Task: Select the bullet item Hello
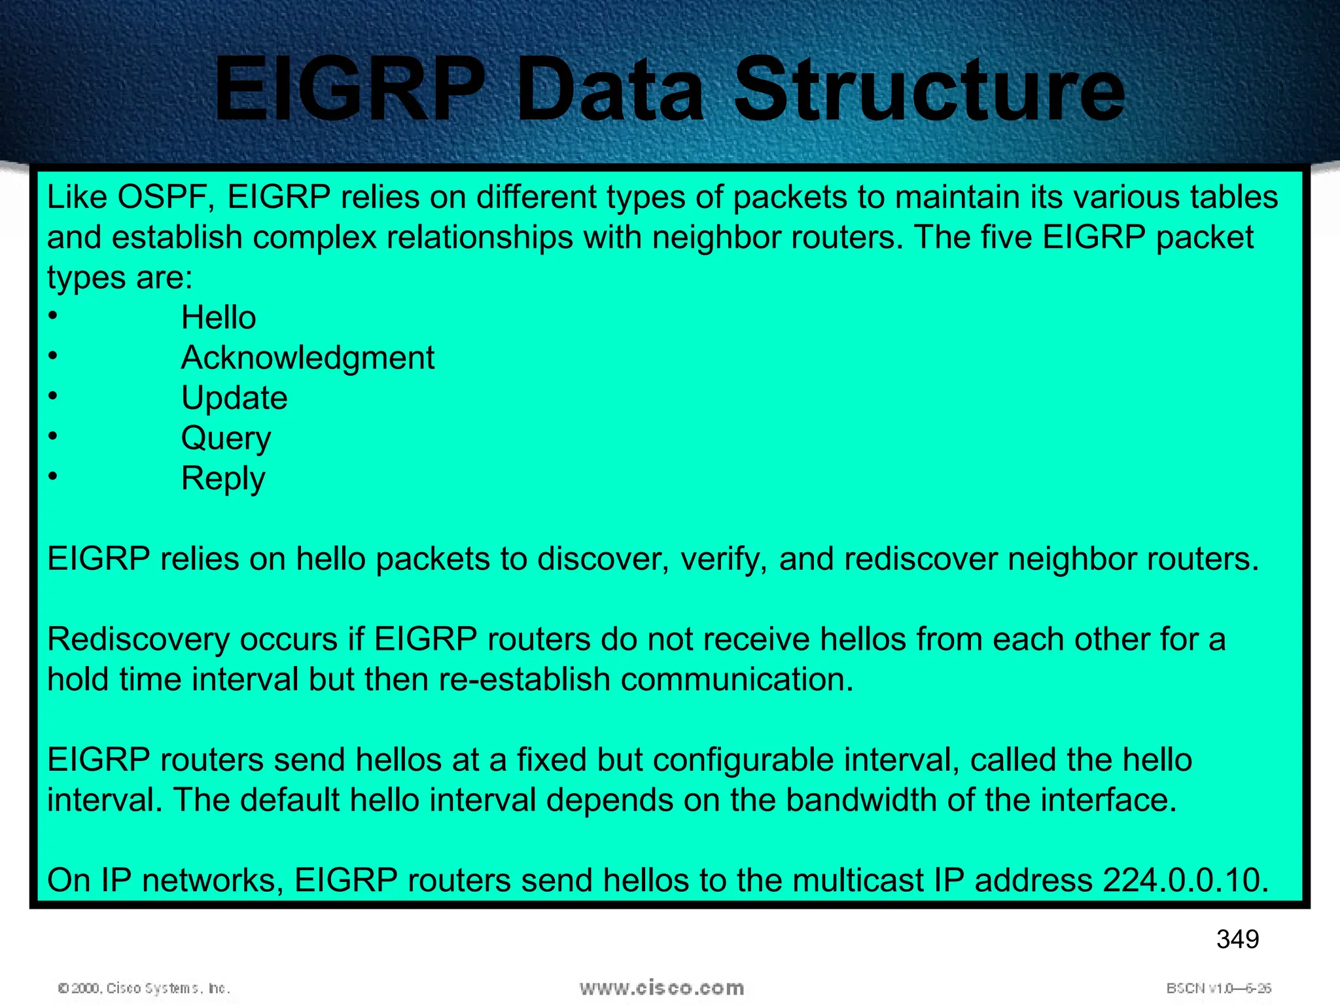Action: pyautogui.click(x=219, y=318)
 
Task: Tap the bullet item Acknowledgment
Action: pyautogui.click(x=308, y=358)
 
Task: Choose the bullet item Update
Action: pyautogui.click(x=234, y=398)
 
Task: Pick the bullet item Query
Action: pyautogui.click(x=226, y=438)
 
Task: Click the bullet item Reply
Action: pyautogui.click(x=223, y=479)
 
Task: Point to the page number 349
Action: pyautogui.click(x=1237, y=940)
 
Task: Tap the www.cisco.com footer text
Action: pyautogui.click(x=661, y=987)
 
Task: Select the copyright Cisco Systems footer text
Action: pyautogui.click(x=144, y=988)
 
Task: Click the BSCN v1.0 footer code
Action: pyautogui.click(x=1218, y=988)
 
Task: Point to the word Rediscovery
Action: pyautogui.click(x=138, y=640)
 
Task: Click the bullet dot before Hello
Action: pyautogui.click(x=53, y=316)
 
